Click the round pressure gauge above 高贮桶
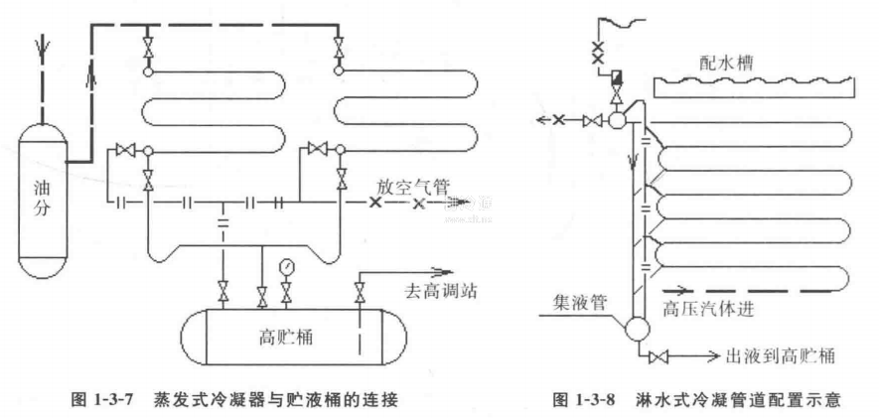[x=287, y=266]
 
